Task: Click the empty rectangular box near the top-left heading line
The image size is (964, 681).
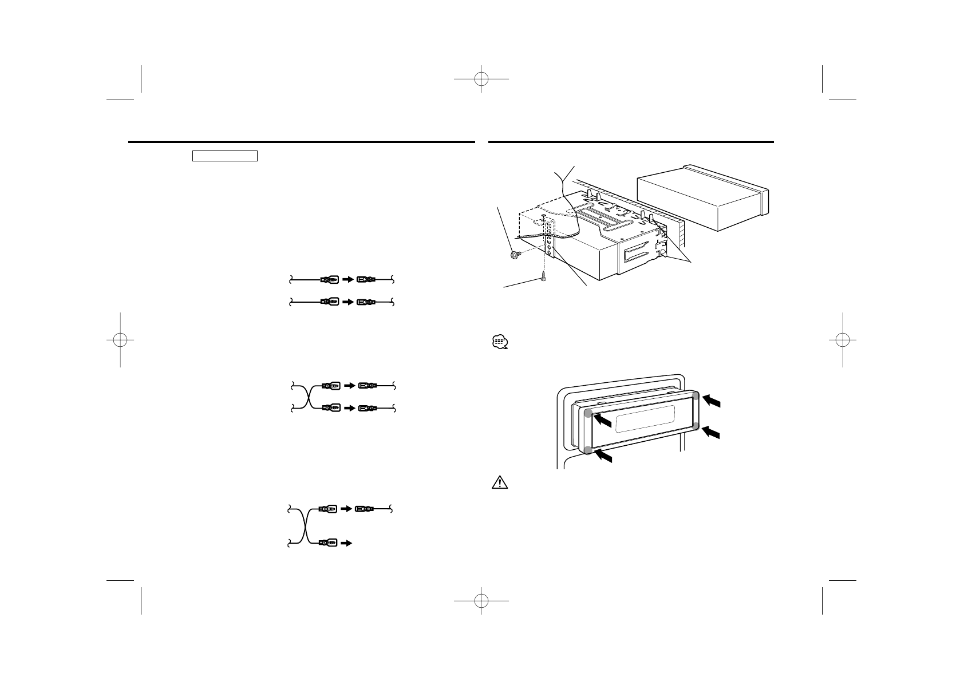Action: tap(224, 156)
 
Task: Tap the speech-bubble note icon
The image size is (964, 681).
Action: tap(499, 343)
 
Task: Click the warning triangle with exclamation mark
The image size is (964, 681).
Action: tap(499, 482)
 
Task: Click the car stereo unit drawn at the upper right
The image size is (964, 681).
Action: tap(703, 197)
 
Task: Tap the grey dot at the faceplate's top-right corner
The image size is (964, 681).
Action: tap(696, 396)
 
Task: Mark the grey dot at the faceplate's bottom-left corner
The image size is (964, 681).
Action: tap(588, 450)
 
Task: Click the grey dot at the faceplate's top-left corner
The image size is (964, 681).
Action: tap(588, 414)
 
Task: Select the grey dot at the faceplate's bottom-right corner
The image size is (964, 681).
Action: tap(696, 426)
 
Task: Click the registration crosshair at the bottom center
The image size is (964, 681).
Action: tap(482, 600)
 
